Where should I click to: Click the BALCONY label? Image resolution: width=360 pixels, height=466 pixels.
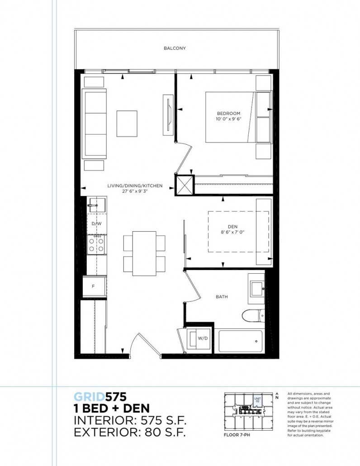click(175, 48)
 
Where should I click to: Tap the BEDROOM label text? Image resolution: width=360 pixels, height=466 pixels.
click(228, 113)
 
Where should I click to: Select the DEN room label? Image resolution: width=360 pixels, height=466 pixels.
click(232, 227)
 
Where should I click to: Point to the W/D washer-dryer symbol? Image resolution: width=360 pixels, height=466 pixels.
click(199, 338)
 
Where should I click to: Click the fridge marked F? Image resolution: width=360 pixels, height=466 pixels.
click(94, 286)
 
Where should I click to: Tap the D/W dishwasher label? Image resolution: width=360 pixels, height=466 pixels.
click(96, 224)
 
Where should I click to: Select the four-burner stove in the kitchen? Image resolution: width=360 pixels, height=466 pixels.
click(96, 244)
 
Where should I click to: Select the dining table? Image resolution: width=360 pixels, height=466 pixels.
click(144, 253)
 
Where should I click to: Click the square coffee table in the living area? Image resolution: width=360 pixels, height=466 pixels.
click(127, 123)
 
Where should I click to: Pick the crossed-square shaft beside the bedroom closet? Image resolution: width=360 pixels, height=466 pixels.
click(184, 185)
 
